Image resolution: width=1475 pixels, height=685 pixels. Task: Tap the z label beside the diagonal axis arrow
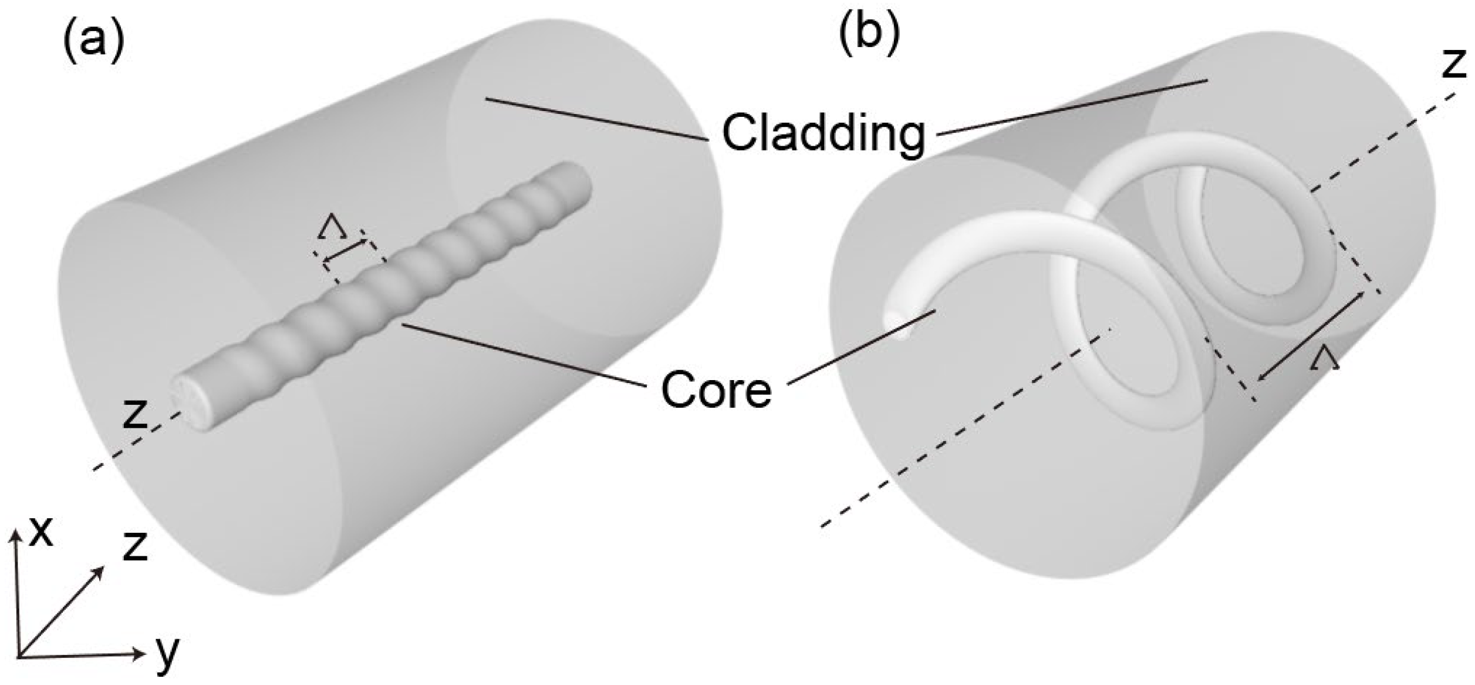point(135,546)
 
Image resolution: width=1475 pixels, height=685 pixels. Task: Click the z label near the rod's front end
point(134,414)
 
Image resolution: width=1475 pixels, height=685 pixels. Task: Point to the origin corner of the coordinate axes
point(19,655)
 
